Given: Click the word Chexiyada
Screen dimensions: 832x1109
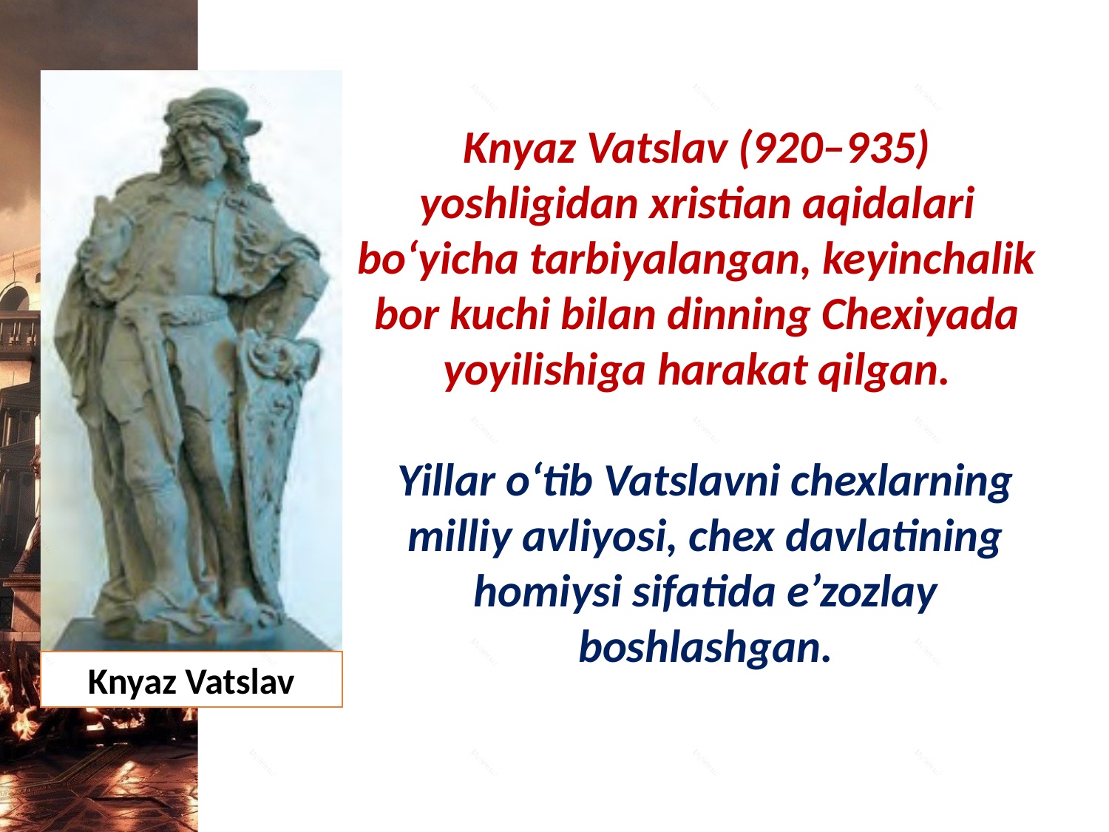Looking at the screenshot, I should (x=919, y=315).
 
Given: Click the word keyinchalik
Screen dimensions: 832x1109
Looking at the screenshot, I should (x=928, y=260).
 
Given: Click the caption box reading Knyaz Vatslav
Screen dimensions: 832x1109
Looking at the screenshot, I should (x=191, y=680).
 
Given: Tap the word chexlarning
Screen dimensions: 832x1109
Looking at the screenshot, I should (x=900, y=481).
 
